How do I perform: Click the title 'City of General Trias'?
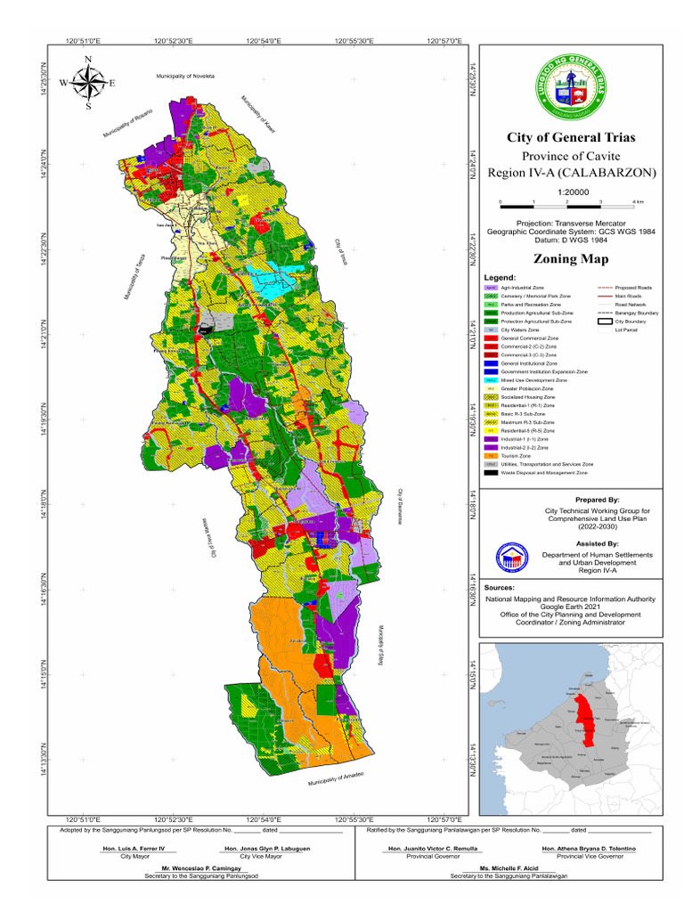(570, 138)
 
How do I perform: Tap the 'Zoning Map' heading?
(570, 259)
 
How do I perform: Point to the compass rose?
(87, 83)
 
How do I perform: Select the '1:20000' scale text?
(570, 191)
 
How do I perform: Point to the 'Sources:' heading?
(500, 588)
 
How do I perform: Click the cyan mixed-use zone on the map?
(271, 282)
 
